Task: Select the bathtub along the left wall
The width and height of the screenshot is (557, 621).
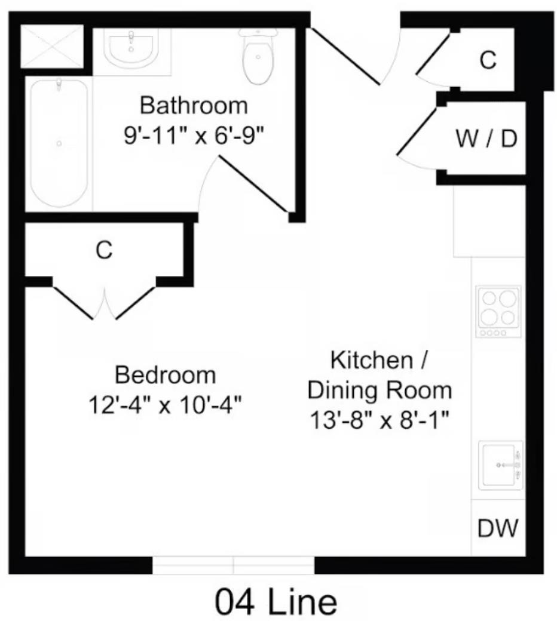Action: point(59,143)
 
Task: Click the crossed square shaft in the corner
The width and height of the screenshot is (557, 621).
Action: point(52,47)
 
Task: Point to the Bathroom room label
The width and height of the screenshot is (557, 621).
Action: point(194,106)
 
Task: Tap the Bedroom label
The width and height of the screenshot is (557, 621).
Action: point(166,374)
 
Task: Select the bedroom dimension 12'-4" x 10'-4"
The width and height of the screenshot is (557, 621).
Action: point(165,405)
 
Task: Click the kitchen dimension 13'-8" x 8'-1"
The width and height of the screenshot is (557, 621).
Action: point(380,420)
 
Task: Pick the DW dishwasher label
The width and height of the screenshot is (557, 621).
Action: point(498,527)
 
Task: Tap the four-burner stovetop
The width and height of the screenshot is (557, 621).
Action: point(498,311)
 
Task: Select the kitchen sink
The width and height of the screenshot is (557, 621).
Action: point(501,465)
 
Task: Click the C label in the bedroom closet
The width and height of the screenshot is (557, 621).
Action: point(104,250)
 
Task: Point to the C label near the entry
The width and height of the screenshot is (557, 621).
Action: point(488,60)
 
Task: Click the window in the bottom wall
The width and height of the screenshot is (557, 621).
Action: point(234,565)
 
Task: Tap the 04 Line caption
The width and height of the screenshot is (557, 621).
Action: point(276,601)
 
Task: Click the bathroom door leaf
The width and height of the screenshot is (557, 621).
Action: point(253,184)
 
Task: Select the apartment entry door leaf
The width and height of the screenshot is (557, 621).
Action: point(344,56)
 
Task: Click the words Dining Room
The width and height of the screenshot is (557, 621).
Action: point(380,390)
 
